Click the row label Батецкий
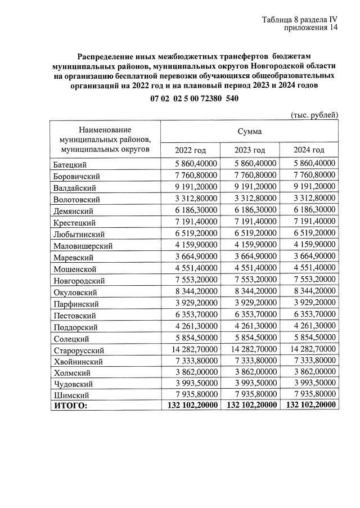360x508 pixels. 70,164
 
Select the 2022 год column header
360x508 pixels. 190,150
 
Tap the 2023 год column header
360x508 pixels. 250,150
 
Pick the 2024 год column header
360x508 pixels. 309,150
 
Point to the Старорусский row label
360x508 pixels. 79,350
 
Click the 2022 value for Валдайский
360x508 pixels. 191,187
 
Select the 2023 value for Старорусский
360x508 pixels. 250,349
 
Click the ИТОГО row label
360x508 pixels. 71,404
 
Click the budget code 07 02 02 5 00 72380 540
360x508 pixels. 195,98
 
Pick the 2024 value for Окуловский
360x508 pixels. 309,291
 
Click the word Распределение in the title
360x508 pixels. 106,56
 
